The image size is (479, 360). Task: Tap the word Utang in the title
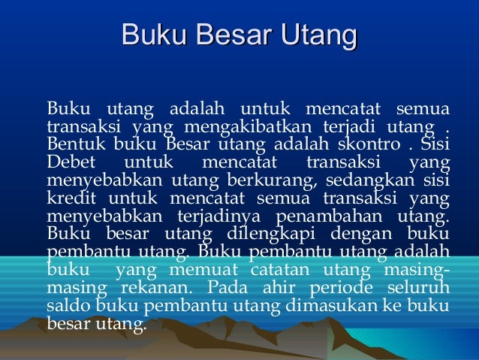pyautogui.click(x=316, y=35)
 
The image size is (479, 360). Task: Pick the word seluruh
pyautogui.click(x=417, y=289)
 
